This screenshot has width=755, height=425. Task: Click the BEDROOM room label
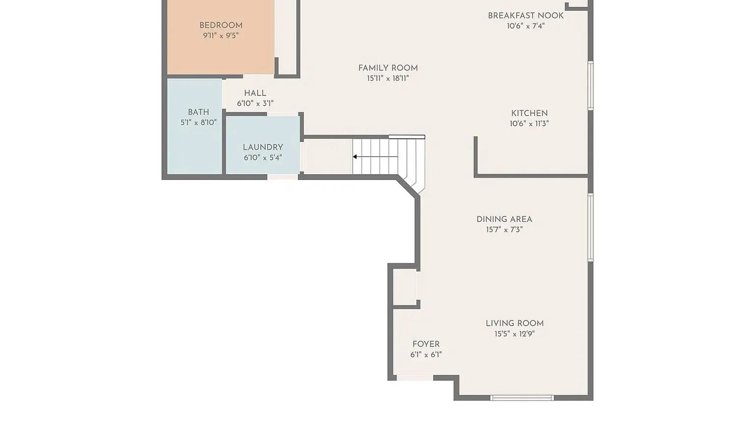coord(221,25)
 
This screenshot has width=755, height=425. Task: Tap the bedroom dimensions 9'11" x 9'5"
coord(221,35)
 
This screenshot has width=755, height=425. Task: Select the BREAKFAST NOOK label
coord(526,15)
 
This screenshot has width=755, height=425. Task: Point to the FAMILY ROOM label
coord(388,68)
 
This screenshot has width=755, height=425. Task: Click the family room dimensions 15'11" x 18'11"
coord(388,79)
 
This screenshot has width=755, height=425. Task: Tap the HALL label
coord(255,93)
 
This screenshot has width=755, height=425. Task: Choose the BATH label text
coord(199,112)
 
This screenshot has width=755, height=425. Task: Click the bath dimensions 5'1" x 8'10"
coord(199,122)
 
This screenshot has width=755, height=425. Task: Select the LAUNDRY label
coord(263,148)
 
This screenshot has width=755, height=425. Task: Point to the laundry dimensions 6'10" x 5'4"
coord(263,158)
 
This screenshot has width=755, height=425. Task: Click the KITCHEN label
coord(530,113)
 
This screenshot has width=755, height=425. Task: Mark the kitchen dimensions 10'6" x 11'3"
coord(530,123)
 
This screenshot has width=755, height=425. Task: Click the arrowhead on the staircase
coord(355,157)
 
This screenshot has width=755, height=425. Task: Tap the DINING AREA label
coord(504,219)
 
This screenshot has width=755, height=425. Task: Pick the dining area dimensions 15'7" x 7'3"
coord(504,230)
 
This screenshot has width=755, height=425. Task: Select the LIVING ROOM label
coord(515,323)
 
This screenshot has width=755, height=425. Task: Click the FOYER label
coord(426,344)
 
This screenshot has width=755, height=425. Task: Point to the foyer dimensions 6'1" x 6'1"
coord(426,355)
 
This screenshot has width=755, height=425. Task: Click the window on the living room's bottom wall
coord(522,398)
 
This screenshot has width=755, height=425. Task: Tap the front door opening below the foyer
coord(415,378)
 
